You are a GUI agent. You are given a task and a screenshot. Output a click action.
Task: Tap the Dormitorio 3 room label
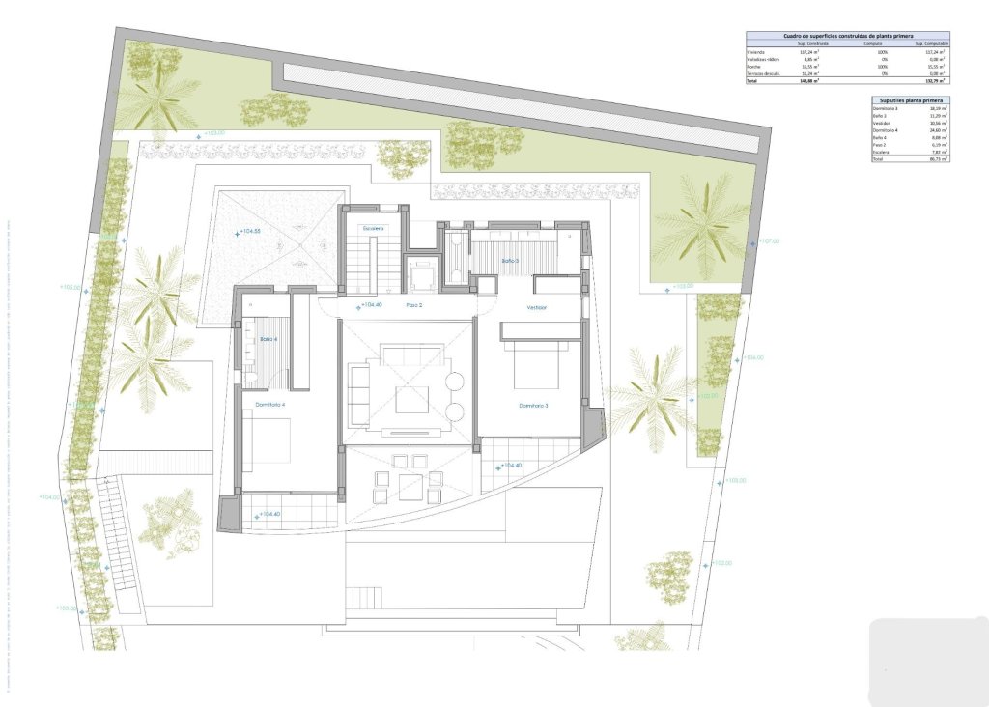(532, 405)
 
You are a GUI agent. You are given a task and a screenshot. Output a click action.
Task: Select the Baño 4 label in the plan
(268, 339)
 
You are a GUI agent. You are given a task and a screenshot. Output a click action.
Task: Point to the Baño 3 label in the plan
(510, 261)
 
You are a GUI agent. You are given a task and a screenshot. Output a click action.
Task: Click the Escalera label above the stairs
(374, 228)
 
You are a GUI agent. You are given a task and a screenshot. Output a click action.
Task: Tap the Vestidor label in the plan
(537, 307)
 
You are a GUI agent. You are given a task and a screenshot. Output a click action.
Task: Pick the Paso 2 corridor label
(414, 305)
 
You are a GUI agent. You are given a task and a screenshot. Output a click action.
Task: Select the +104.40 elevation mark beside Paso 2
(370, 305)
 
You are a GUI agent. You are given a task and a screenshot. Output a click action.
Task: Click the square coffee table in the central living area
(411, 399)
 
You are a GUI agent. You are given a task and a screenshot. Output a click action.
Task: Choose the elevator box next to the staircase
(422, 277)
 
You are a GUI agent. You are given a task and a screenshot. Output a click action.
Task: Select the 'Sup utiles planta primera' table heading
(909, 99)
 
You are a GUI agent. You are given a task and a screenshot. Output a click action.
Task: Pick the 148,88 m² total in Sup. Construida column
(808, 81)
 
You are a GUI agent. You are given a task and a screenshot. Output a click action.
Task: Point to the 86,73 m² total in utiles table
(938, 159)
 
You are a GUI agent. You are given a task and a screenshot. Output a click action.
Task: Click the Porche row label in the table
(755, 66)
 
